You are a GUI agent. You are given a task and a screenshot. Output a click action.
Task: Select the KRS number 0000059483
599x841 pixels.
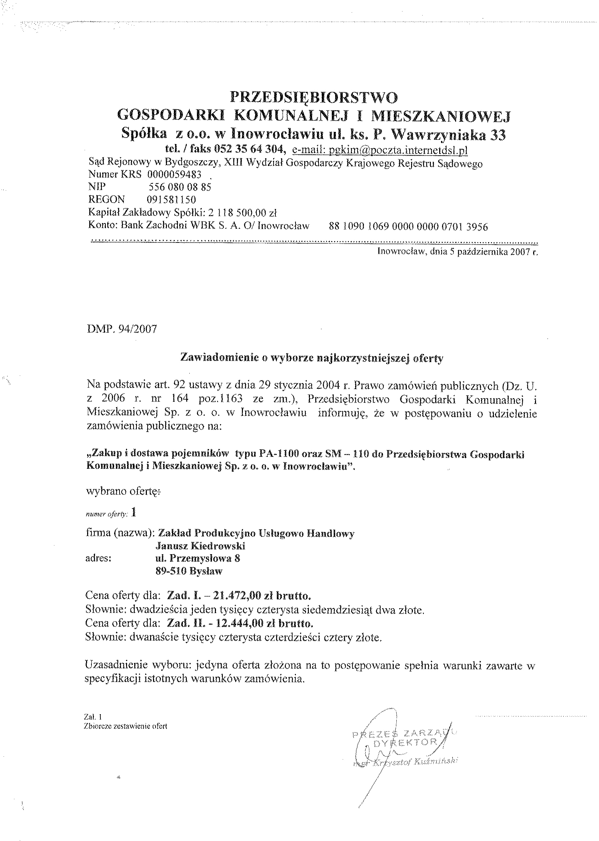tap(174, 174)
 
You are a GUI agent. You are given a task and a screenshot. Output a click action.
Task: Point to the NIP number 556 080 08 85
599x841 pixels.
tap(180, 187)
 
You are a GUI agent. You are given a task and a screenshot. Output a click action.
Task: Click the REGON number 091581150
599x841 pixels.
tap(171, 200)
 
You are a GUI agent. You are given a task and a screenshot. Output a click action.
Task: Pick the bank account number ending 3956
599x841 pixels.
tap(408, 226)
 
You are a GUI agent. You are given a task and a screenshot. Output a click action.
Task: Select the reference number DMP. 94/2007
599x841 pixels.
tap(122, 329)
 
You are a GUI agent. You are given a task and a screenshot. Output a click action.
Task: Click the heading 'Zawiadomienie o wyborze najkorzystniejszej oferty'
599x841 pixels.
tap(311, 358)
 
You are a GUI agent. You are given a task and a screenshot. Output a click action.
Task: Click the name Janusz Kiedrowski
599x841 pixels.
tap(201, 545)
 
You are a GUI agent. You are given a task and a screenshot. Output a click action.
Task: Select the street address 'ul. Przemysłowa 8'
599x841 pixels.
tap(198, 558)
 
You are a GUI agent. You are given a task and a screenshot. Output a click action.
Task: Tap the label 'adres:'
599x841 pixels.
tap(98, 558)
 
